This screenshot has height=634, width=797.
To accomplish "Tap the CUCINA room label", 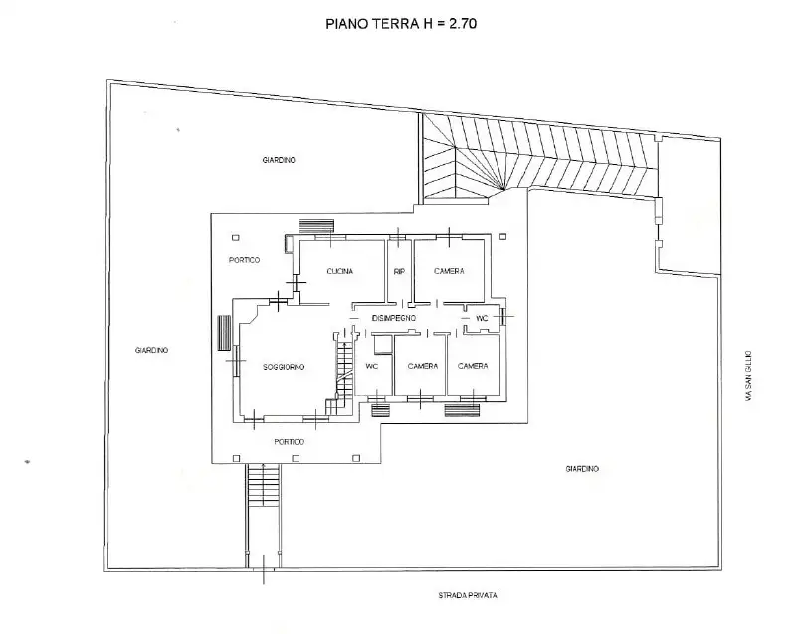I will (341, 271).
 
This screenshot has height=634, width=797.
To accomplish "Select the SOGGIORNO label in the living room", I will (284, 367).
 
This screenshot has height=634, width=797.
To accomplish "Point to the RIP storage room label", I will (399, 271).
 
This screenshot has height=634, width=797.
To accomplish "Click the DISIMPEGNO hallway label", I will (393, 317).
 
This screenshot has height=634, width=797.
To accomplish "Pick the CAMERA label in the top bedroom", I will (449, 271).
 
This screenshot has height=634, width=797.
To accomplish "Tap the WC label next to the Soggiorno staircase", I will (372, 366).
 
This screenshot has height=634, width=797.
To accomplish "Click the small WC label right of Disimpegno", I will (482, 318).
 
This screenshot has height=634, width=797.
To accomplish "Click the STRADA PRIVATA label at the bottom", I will (467, 595).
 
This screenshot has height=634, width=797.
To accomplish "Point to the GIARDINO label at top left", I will (279, 160).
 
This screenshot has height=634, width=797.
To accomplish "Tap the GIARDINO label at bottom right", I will (581, 468).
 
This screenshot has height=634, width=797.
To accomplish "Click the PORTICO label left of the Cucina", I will (244, 260).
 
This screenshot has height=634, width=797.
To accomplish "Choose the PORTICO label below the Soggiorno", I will (291, 441).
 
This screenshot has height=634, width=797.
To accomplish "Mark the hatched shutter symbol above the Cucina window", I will (316, 226).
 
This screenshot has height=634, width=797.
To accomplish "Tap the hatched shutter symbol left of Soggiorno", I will (224, 332).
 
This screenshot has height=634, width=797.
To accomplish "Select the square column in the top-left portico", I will (235, 238).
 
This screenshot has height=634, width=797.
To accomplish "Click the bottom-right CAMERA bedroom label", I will (473, 366).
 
